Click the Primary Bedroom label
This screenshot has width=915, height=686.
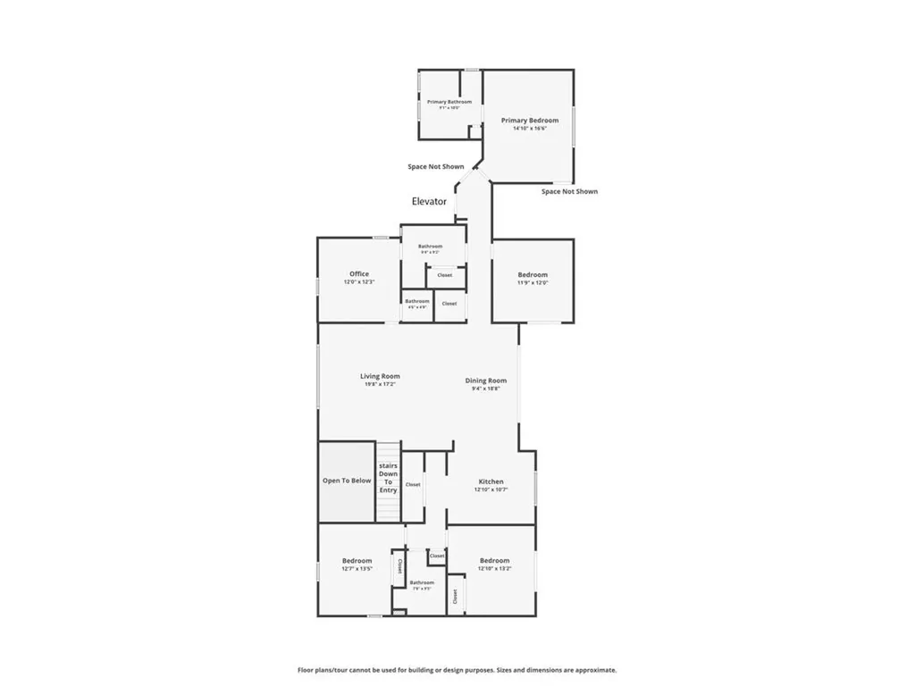click(x=530, y=121)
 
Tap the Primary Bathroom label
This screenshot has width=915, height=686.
click(x=449, y=102)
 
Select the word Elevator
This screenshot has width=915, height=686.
click(x=429, y=202)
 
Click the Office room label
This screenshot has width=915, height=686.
click(x=359, y=274)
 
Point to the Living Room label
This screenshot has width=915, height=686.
click(x=380, y=377)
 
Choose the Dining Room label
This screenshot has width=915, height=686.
click(x=486, y=381)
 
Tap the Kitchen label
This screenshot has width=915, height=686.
click(x=491, y=481)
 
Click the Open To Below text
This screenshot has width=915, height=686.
click(x=347, y=481)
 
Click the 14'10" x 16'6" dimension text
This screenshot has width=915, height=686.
click(x=530, y=129)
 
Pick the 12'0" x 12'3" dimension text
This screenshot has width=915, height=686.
click(x=359, y=282)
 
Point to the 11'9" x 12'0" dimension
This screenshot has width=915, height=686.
click(x=533, y=283)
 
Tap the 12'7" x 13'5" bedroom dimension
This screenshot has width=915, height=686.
click(x=357, y=569)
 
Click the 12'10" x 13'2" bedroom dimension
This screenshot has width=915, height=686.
click(x=494, y=569)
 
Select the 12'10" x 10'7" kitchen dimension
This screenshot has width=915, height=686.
click(x=491, y=489)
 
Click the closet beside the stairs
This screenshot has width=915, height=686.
click(x=413, y=485)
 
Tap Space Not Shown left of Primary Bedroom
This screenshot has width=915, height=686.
click(x=436, y=166)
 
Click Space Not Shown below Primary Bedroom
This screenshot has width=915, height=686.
click(x=569, y=191)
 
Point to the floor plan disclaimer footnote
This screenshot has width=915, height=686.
click(x=457, y=670)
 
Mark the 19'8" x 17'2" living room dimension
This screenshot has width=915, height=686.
click(x=380, y=385)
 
